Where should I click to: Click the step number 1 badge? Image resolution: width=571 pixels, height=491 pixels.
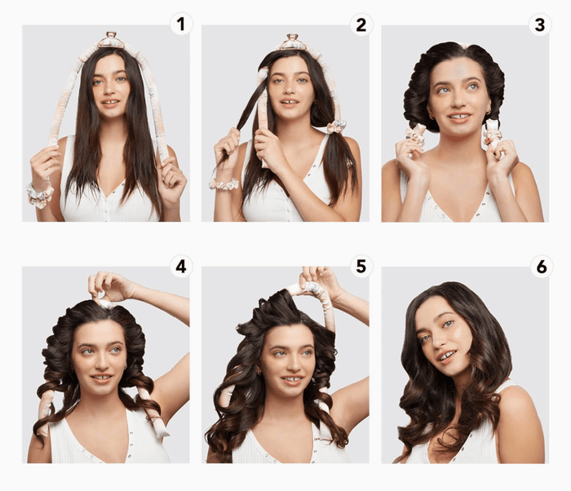pyautogui.click(x=181, y=24)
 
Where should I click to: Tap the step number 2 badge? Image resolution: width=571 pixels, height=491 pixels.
pyautogui.click(x=361, y=24)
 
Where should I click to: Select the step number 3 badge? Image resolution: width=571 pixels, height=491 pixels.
pyautogui.click(x=540, y=24)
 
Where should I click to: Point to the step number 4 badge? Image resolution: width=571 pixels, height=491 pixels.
pyautogui.click(x=181, y=267)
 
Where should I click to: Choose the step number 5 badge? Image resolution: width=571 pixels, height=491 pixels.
pyautogui.click(x=361, y=267)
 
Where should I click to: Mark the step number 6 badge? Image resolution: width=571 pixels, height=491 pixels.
pyautogui.click(x=542, y=267)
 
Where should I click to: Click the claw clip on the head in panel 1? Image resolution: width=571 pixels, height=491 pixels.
pyautogui.click(x=112, y=40)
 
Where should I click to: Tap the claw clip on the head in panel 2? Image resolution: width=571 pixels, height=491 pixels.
pyautogui.click(x=293, y=41)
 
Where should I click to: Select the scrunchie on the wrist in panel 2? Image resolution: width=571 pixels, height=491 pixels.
pyautogui.click(x=223, y=184)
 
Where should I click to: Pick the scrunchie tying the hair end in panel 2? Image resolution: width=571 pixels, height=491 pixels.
pyautogui.click(x=336, y=126)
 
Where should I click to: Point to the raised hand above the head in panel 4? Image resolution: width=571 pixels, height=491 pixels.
pyautogui.click(x=109, y=286)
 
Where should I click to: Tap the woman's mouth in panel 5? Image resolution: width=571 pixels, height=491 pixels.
pyautogui.click(x=292, y=379)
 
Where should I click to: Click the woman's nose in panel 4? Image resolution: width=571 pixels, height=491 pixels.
pyautogui.click(x=101, y=362)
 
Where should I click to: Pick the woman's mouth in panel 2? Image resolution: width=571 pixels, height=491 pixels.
pyautogui.click(x=290, y=103)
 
